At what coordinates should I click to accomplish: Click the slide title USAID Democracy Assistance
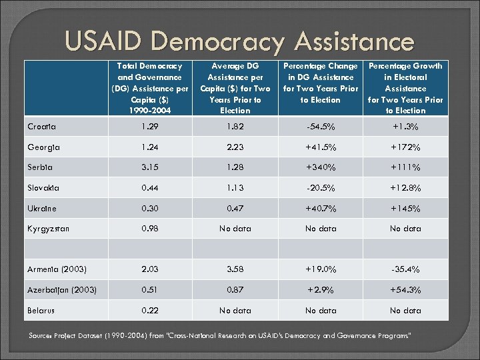239,41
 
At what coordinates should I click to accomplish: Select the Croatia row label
42,126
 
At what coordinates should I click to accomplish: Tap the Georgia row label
43,147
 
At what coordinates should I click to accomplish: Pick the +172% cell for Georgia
405,147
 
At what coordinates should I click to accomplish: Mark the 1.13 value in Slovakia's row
235,188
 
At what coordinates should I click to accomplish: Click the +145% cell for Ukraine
405,209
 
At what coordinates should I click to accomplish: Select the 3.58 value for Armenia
235,269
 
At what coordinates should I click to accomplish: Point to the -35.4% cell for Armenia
405,269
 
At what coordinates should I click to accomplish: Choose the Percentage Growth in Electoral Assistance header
405,88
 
